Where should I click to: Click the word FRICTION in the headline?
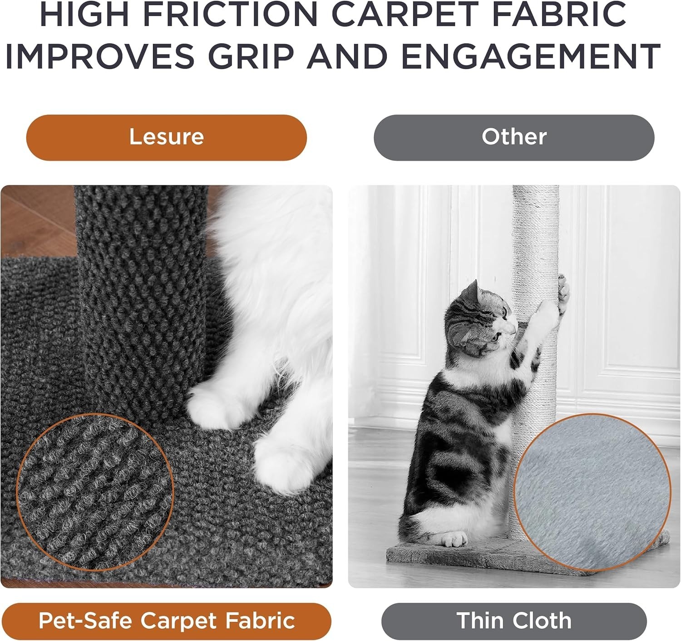point(232,15)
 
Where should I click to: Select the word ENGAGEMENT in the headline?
point(530,56)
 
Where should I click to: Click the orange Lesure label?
point(166,137)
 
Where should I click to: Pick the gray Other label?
point(513,137)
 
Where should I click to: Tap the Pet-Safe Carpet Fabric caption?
point(166,621)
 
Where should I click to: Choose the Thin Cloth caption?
point(513,621)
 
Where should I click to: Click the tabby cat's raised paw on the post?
point(562,291)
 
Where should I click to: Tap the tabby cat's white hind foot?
point(454,539)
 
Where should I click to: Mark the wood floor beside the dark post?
point(36,218)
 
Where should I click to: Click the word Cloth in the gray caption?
point(543,621)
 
